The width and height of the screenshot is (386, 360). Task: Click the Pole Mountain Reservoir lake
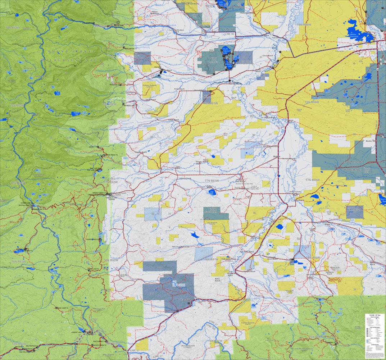pyautogui.click(x=213, y=192)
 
